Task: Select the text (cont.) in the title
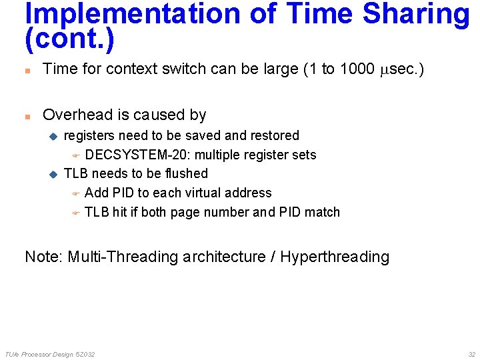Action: pyautogui.click(x=69, y=40)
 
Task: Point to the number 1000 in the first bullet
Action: pyautogui.click(x=357, y=69)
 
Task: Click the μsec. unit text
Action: pyautogui.click(x=397, y=69)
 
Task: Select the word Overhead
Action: pyautogui.click(x=74, y=115)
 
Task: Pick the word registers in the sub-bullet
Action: pyautogui.click(x=89, y=135)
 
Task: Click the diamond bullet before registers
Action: pyautogui.click(x=54, y=136)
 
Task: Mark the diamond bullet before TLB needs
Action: pyautogui.click(x=54, y=174)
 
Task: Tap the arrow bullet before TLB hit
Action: pyautogui.click(x=75, y=213)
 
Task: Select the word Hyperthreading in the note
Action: pyautogui.click(x=334, y=257)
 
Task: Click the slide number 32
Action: pyautogui.click(x=471, y=354)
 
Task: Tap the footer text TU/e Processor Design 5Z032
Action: pyautogui.click(x=49, y=354)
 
